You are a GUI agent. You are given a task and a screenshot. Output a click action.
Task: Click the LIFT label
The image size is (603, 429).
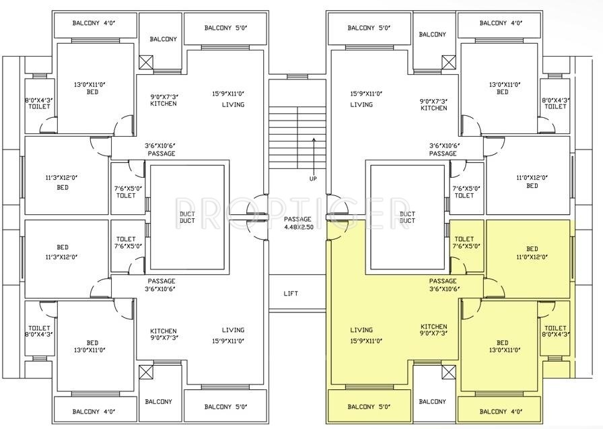click(x=291, y=294)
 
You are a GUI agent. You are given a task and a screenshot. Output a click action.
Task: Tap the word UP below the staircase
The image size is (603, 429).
click(x=313, y=178)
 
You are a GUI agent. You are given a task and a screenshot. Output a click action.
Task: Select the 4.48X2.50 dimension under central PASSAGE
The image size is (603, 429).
click(x=297, y=227)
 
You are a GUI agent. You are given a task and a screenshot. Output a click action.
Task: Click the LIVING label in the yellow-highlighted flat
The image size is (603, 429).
click(x=361, y=330)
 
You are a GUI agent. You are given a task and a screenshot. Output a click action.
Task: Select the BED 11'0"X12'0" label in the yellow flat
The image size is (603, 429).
click(x=532, y=253)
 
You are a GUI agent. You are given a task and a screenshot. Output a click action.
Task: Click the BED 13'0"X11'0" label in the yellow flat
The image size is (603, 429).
click(x=503, y=346)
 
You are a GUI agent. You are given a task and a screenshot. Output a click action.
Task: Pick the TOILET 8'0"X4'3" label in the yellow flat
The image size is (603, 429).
click(x=555, y=330)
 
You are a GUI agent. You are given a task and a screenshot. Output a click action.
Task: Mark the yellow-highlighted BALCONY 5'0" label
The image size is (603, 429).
click(x=369, y=407)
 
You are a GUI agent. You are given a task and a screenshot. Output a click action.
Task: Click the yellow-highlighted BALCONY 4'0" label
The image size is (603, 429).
click(x=501, y=411)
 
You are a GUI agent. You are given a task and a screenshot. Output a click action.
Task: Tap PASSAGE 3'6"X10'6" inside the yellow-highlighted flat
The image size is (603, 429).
click(x=443, y=285)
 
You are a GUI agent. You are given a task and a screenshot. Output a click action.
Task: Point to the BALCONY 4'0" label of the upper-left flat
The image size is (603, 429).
click(x=94, y=24)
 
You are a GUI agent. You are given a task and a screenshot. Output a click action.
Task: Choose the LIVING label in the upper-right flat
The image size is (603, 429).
click(x=361, y=105)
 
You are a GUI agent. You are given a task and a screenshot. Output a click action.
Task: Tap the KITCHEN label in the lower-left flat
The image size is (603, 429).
click(x=164, y=335)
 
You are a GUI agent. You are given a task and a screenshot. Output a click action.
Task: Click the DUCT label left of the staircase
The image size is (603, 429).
click(x=187, y=217)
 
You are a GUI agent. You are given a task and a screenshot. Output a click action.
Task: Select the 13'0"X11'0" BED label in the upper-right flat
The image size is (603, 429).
click(x=503, y=88)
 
